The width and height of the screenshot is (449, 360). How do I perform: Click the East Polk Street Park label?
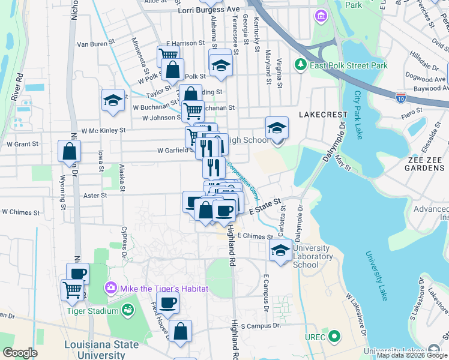tap(349, 65)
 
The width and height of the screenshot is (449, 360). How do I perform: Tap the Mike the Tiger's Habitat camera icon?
tap(110, 288)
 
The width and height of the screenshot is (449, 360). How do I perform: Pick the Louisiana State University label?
tap(101, 349)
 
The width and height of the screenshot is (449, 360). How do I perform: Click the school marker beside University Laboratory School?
tap(280, 250)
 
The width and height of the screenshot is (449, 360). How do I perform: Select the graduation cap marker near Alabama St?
tap(220, 65)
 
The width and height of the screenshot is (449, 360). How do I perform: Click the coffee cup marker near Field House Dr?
tap(167, 302)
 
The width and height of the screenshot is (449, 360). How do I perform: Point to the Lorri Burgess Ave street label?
tap(208, 10)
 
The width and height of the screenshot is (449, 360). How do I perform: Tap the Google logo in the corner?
tap(20, 353)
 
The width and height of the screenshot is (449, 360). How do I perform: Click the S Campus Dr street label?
tap(261, 326)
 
